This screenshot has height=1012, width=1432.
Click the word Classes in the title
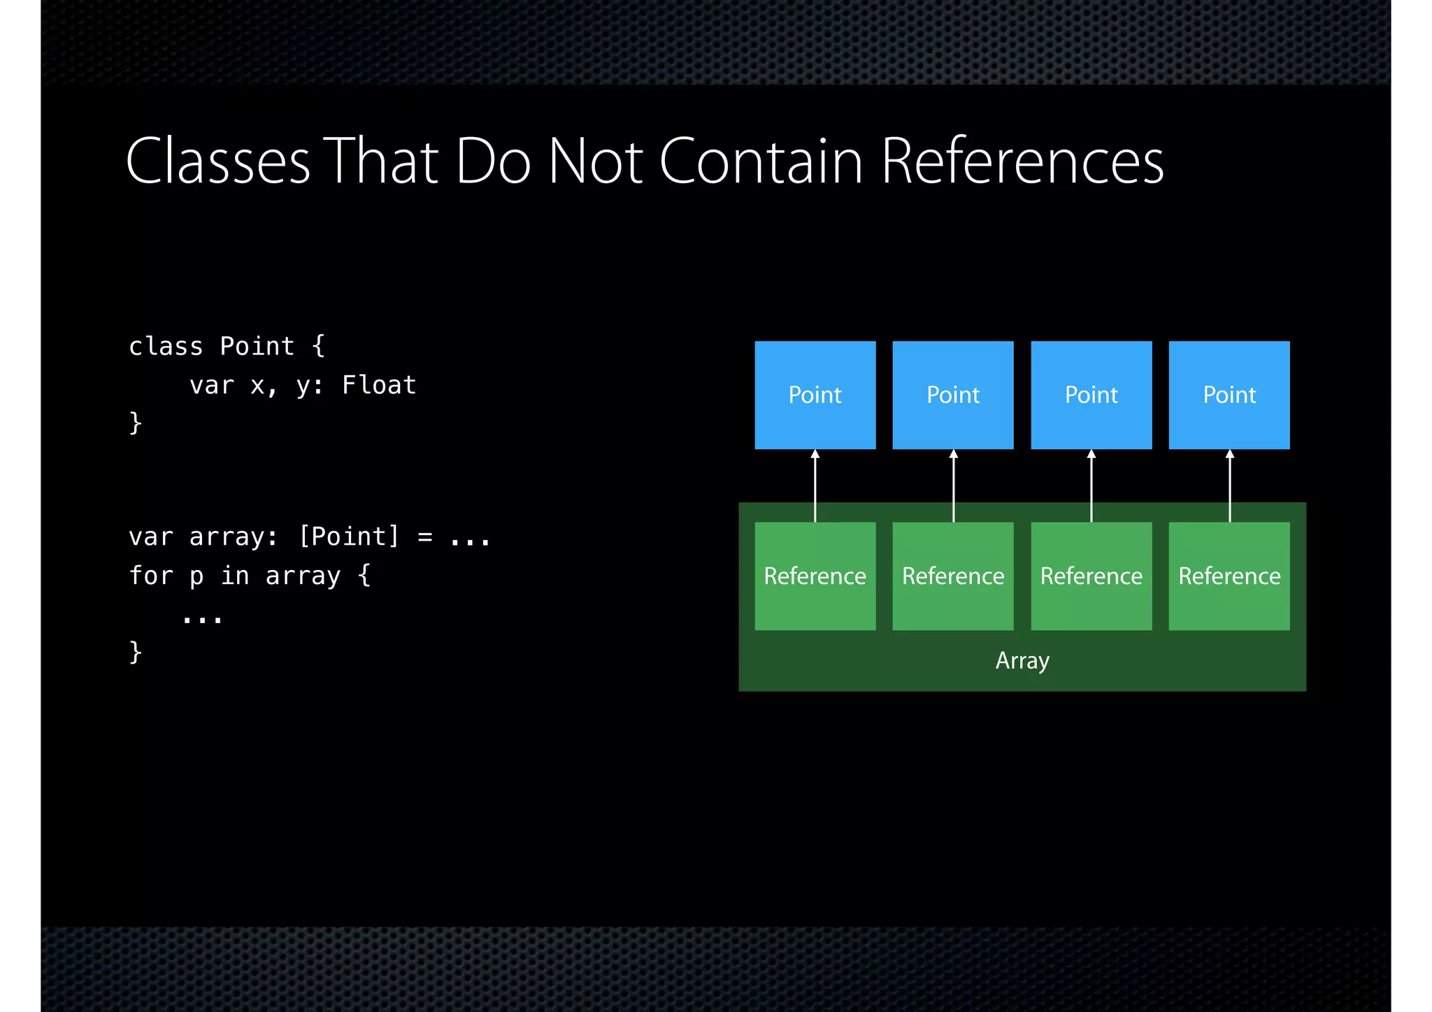coord(217,162)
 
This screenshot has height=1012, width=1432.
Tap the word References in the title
coord(1022,162)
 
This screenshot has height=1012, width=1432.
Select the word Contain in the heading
coord(761,162)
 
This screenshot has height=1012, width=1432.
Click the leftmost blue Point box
coord(815,395)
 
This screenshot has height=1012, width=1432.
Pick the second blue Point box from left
coord(952,395)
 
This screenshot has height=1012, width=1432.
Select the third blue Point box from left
coord(1091,395)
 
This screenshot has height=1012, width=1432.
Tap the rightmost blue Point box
coord(1229,395)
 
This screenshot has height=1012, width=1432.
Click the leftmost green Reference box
coord(815,576)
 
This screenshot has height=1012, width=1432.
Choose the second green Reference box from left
coord(952,576)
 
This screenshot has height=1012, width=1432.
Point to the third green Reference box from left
coord(1091,576)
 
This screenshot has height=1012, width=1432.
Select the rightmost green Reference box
coord(1229,576)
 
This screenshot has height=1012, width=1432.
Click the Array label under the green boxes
coord(1022,661)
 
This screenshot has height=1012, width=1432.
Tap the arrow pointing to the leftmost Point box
coord(815,485)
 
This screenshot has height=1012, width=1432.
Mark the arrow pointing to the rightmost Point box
coord(1230,485)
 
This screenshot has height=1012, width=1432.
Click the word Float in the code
coord(379,385)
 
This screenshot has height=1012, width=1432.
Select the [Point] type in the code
coord(349,536)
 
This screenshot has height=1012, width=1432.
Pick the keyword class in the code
coord(166,346)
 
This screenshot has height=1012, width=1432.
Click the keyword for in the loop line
coord(151,576)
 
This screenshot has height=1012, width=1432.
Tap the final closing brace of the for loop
coord(136,652)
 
